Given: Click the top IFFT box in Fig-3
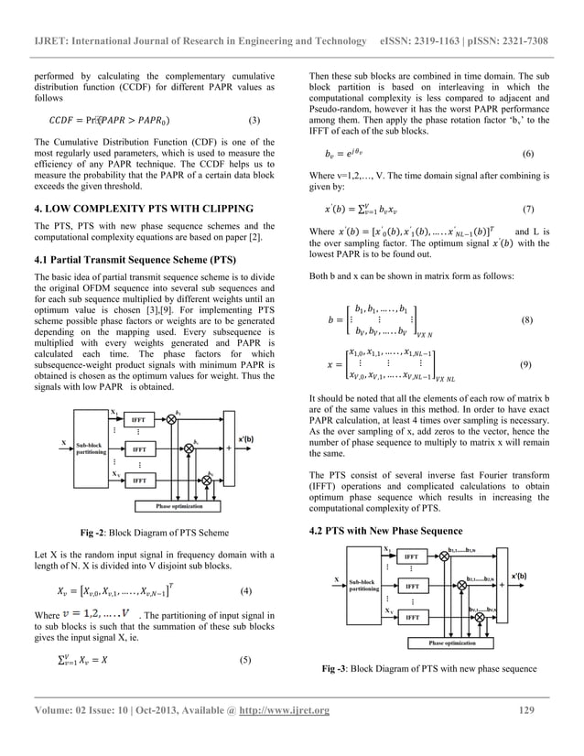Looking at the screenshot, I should (x=412, y=556).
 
